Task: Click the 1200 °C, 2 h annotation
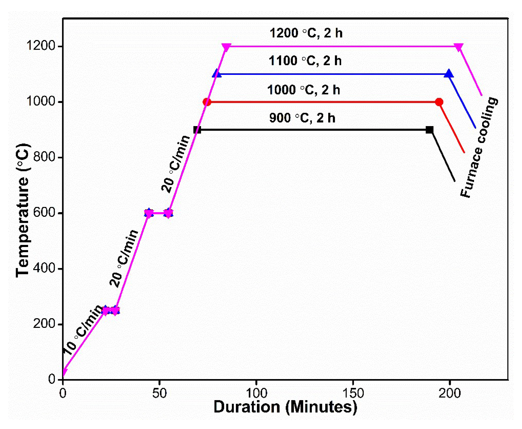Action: tap(306, 33)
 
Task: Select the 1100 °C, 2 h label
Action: tap(305, 61)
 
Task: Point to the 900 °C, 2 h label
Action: tap(302, 118)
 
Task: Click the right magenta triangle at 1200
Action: tap(459, 47)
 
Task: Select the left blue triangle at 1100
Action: tap(217, 74)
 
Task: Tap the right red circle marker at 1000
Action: tap(439, 102)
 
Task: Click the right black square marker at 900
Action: tap(429, 130)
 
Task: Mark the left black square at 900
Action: tap(197, 130)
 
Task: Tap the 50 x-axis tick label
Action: tap(159, 393)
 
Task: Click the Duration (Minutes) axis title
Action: tap(285, 407)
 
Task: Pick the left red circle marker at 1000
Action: tap(207, 102)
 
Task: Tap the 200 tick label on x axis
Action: tap(449, 393)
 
